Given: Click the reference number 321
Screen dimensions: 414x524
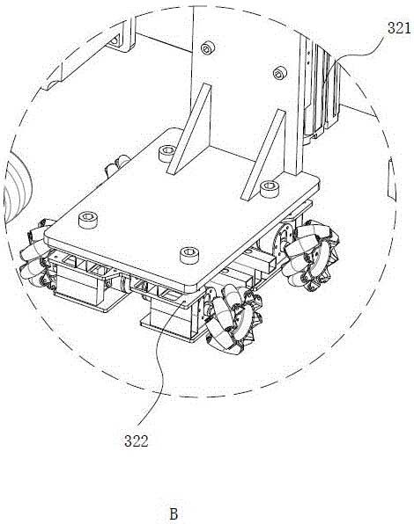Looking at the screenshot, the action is pos(399,28).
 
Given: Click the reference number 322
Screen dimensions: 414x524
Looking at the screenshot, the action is pos(136,440).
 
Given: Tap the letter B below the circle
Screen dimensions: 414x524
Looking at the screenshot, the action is pos(174,513).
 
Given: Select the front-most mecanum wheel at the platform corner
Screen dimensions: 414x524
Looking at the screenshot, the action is pos(233,318).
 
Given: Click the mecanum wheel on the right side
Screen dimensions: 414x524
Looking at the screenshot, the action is pos(310,255).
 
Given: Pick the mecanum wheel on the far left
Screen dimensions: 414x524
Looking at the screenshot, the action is pos(35,253).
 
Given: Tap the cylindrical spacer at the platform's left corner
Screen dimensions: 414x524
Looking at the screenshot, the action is pos(88,220).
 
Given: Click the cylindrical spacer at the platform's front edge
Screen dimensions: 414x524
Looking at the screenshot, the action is pos(189,255).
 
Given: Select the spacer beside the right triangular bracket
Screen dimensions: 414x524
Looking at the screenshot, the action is pos(270,188).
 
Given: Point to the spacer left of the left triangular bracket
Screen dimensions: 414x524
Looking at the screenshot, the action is pos(166,153).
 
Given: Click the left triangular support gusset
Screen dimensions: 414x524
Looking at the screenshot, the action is pos(190,129).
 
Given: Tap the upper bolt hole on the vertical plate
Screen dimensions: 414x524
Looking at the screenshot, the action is pos(208,48).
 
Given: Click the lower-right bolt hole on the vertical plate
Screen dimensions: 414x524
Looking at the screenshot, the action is pos(279,73).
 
